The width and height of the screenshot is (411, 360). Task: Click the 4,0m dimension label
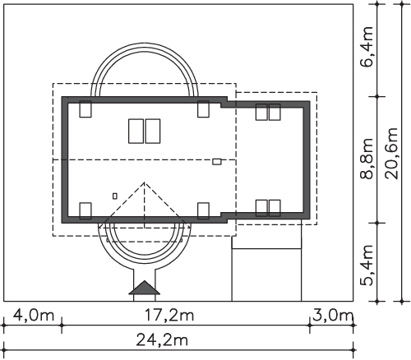tap(34, 316)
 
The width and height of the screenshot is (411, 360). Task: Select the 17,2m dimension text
tap(169, 316)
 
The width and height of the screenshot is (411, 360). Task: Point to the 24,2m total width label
tap(162, 340)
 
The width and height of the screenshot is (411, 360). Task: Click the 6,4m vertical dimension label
tap(367, 47)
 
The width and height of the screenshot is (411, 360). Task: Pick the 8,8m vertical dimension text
tap(367, 159)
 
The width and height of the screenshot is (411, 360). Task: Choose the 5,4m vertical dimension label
tap(367, 265)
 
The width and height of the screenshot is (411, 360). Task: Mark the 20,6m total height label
tap(391, 154)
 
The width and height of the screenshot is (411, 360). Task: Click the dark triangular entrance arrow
tap(145, 288)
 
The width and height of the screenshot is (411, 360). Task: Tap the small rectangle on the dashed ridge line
tap(217, 162)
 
